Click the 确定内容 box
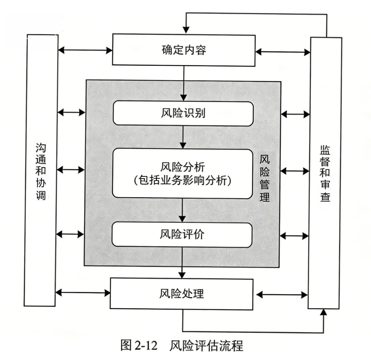click(x=183, y=50)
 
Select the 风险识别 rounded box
click(x=183, y=113)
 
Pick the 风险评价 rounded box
click(x=182, y=235)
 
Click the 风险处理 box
click(x=182, y=294)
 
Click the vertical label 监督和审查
click(x=324, y=173)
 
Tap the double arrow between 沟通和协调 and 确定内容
click(x=85, y=50)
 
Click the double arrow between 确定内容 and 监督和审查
click(x=283, y=52)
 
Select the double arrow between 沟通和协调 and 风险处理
click(x=83, y=293)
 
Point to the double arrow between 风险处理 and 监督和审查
click(x=282, y=295)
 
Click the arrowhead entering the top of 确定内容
click(x=186, y=29)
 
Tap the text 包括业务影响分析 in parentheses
click(x=183, y=181)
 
